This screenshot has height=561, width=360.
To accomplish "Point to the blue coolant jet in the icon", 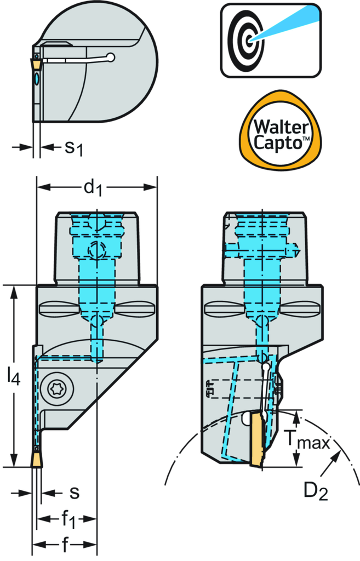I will pos(285,24).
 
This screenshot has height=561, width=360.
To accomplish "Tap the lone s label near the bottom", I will pos(75,493).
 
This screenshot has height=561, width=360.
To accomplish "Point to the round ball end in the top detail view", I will pos(111,56).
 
